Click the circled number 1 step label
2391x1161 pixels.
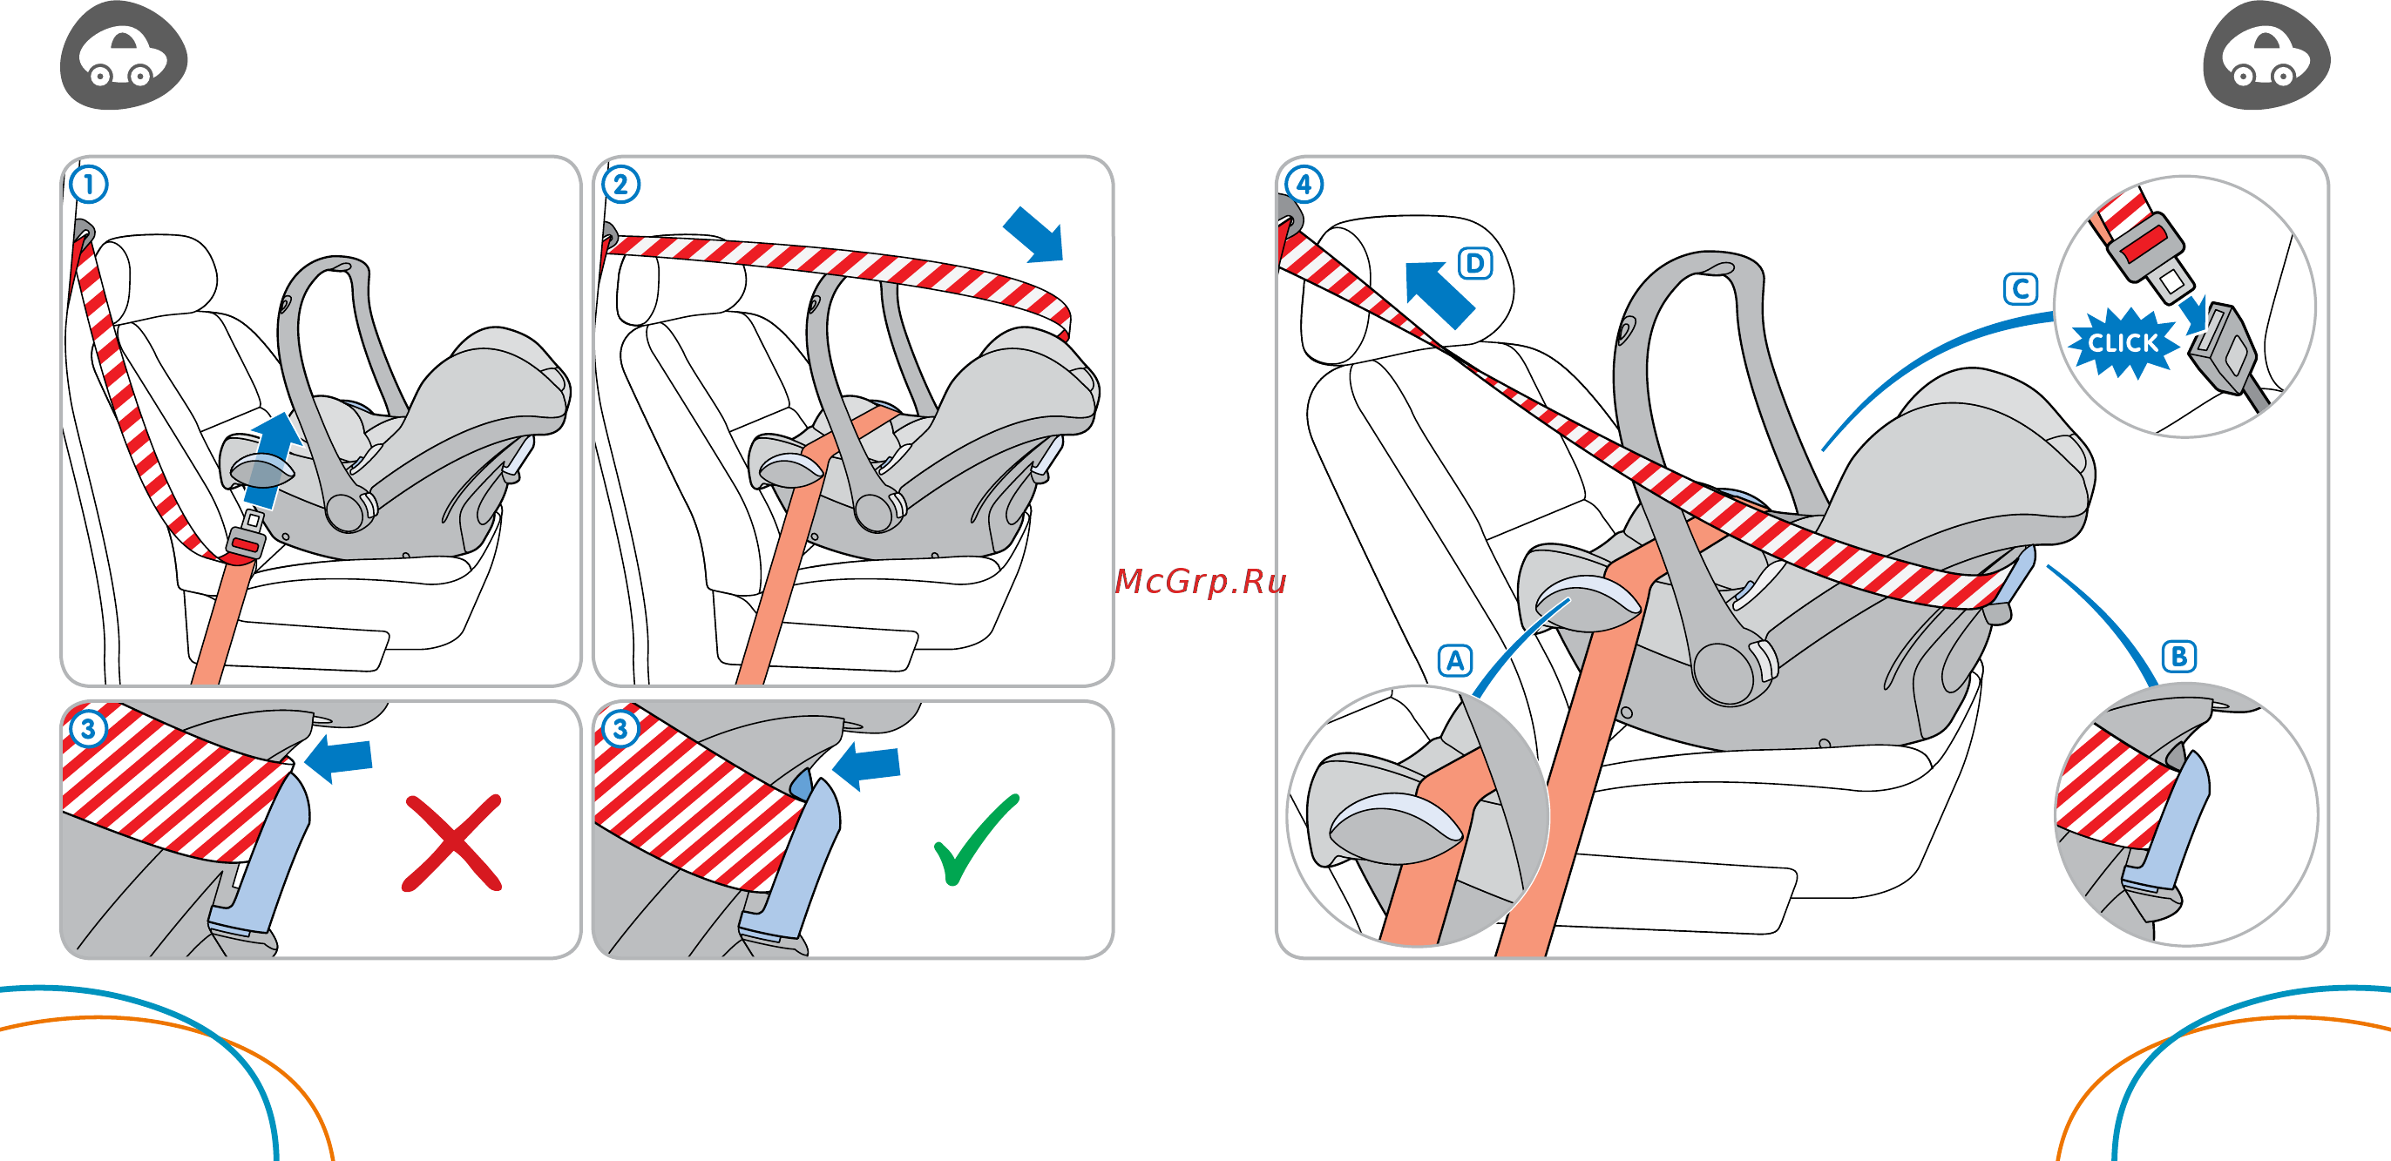pos(89,184)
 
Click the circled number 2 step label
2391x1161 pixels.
pos(621,184)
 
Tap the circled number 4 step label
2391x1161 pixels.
pos(1304,184)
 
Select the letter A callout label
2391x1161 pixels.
pos(1454,661)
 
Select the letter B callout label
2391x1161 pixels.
pos(2178,656)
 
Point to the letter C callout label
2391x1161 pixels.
pos(2020,288)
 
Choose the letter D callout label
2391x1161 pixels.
pos(1475,264)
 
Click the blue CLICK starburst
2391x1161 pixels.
pos(2122,343)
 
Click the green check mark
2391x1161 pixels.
pos(973,840)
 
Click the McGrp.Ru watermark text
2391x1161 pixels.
pos(1199,581)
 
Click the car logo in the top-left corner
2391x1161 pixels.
pos(124,57)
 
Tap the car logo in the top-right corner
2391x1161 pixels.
pos(2266,57)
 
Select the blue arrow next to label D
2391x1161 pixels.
pos(1437,294)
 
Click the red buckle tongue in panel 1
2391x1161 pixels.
pos(244,543)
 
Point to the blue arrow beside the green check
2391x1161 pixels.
pos(868,766)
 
